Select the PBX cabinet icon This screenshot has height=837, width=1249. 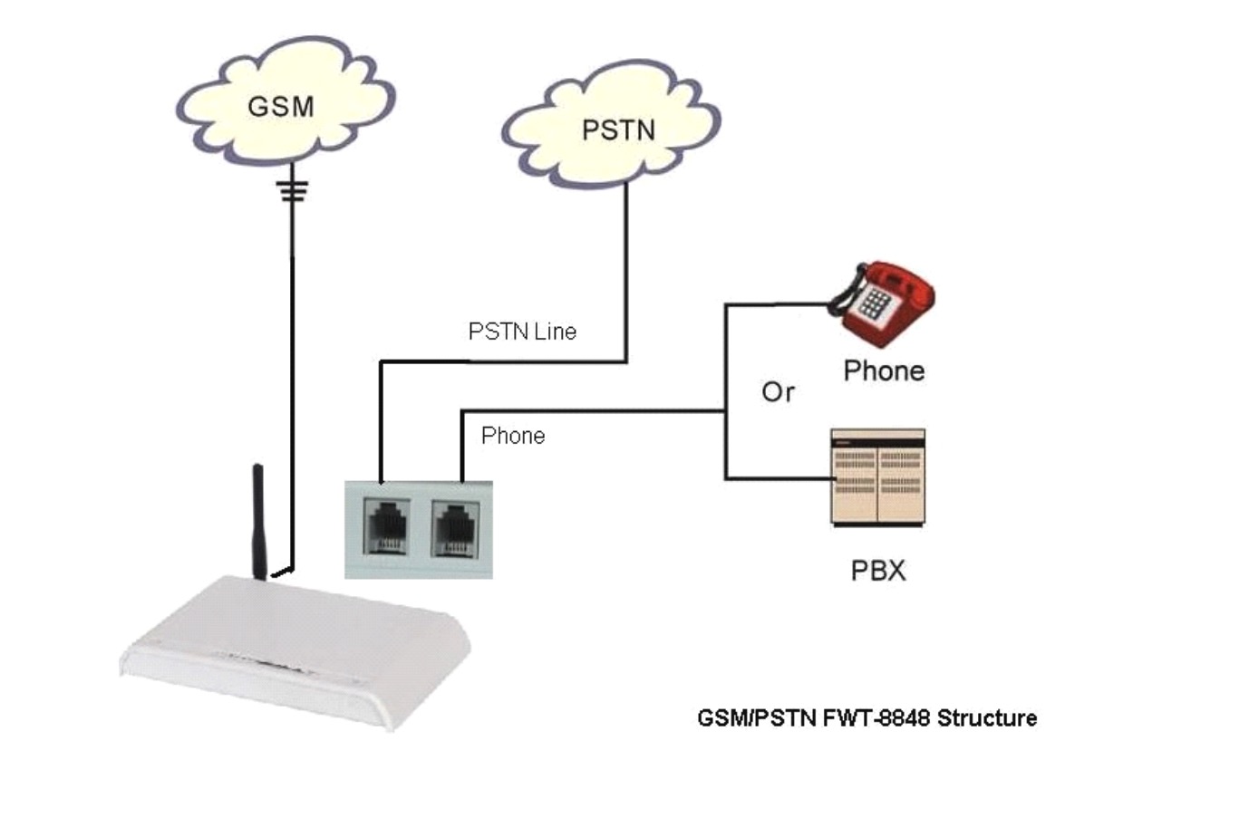click(x=877, y=477)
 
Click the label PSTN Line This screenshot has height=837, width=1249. click(x=522, y=332)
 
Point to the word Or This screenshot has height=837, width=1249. click(x=778, y=392)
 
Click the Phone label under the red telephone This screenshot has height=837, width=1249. click(x=884, y=370)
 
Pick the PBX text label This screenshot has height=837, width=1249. click(x=877, y=571)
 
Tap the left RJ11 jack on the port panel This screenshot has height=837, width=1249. click(x=386, y=525)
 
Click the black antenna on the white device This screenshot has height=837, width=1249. click(x=258, y=521)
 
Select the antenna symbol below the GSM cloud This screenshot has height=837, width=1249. click(x=292, y=190)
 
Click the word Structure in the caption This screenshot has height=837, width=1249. click(x=987, y=718)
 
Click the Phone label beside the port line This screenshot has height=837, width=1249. click(x=513, y=436)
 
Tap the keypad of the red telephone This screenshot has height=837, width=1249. click(x=871, y=303)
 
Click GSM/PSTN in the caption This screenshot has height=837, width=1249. click(x=758, y=718)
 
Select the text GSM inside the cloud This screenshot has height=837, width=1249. click(x=281, y=106)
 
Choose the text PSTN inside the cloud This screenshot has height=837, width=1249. click(x=618, y=130)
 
